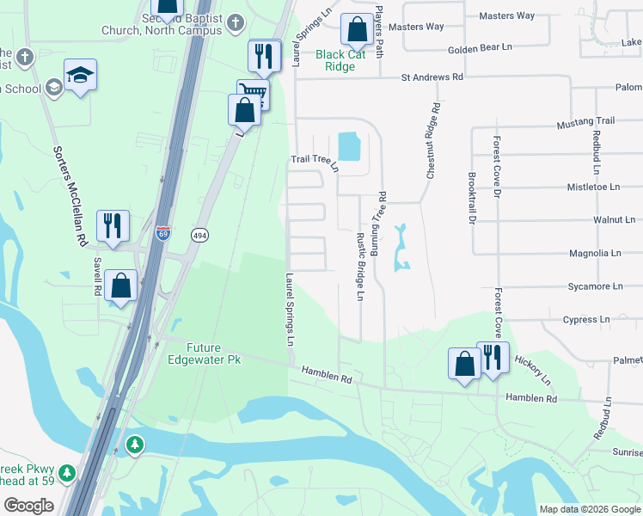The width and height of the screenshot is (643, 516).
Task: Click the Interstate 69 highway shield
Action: click(163, 233)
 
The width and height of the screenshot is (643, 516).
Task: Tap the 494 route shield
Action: click(199, 235)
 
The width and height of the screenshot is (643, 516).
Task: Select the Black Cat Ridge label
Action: click(340, 60)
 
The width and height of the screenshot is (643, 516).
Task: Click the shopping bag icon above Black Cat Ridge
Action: click(356, 30)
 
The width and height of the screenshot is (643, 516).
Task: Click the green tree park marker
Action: click(135, 445)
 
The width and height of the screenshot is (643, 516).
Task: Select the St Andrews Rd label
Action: click(432, 77)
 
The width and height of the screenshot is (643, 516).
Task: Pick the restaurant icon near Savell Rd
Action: click(113, 225)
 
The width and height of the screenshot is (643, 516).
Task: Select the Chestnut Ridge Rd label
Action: click(433, 141)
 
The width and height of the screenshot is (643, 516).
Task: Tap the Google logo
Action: click(28, 505)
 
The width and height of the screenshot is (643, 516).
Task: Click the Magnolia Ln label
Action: click(595, 253)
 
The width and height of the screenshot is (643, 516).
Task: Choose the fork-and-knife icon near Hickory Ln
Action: click(492, 356)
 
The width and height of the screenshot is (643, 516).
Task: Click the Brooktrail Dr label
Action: click(472, 198)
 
